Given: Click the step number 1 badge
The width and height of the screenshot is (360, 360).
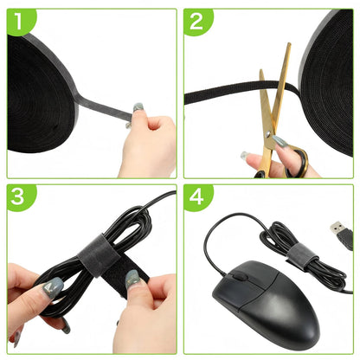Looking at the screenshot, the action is coord(19,20).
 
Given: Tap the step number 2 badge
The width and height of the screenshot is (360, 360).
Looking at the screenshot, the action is coord(196,21).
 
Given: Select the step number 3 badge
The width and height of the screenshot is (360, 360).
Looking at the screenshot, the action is coord(19,196).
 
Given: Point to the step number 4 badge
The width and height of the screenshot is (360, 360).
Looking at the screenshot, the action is coord(196,196).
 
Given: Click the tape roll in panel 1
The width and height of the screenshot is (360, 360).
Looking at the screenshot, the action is coord(41,95).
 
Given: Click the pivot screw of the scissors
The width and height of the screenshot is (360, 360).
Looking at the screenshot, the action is coord(268,133).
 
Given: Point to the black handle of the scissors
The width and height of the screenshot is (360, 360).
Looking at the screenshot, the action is coord(297,163).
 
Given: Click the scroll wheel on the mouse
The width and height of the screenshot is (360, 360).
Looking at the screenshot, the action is coord(239,276).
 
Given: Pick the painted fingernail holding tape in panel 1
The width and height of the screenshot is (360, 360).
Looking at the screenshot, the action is coord(138,107).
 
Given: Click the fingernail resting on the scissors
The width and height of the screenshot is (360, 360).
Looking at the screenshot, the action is coord(280,141).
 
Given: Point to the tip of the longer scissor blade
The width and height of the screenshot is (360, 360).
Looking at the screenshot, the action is coord(289,44).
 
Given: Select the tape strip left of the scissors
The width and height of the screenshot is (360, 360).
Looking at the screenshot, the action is coord(223,93).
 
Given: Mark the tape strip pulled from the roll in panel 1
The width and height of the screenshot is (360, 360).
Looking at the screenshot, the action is coord(104,106).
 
